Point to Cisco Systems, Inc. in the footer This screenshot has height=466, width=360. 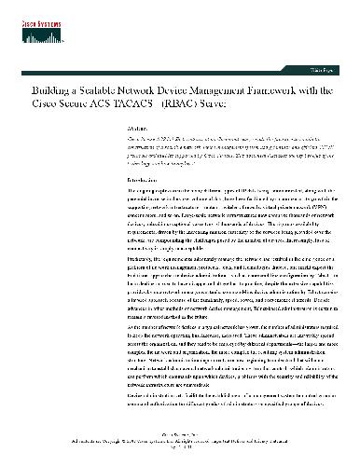[179, 444]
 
